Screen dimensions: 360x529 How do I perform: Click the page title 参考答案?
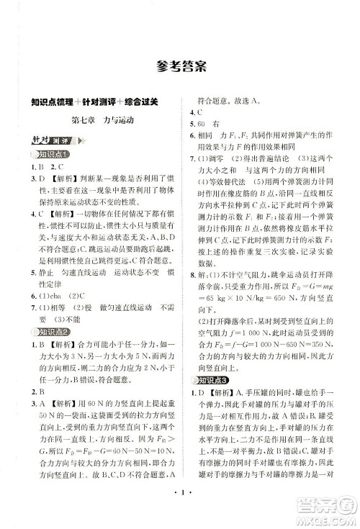pyautogui.click(x=180, y=68)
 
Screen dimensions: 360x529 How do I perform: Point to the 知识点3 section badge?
pyautogui.click(x=215, y=379)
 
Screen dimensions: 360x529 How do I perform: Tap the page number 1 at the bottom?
pyautogui.click(x=181, y=514)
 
